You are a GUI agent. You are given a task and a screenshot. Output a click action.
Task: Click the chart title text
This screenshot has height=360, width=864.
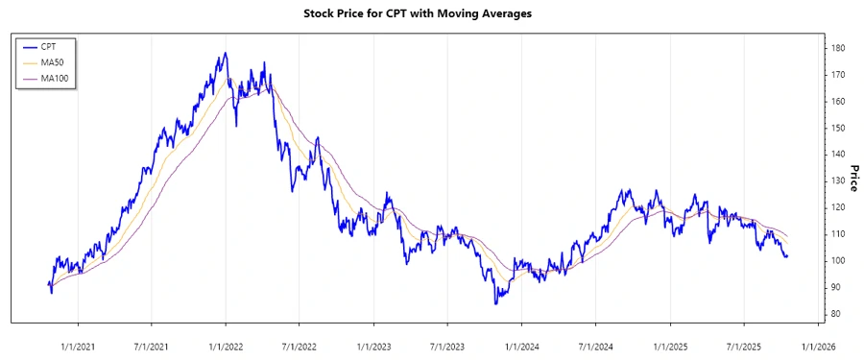pyautogui.click(x=431, y=14)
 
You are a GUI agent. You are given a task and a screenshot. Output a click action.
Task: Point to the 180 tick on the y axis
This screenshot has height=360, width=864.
pyautogui.click(x=839, y=48)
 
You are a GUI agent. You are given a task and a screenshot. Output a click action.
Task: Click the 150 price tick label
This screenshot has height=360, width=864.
pyautogui.click(x=839, y=128)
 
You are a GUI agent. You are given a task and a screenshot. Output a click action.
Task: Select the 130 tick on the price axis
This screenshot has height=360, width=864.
pyautogui.click(x=839, y=180)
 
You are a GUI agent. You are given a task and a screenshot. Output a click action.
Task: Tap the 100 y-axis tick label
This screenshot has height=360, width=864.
pyautogui.click(x=839, y=261)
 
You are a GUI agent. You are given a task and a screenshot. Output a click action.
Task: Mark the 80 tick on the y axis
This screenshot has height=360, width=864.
pyautogui.click(x=839, y=314)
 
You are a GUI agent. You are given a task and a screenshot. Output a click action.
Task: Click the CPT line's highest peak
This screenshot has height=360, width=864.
pyautogui.click(x=226, y=53)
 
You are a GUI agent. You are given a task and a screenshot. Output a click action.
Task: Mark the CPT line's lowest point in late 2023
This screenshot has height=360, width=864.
pyautogui.click(x=496, y=304)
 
